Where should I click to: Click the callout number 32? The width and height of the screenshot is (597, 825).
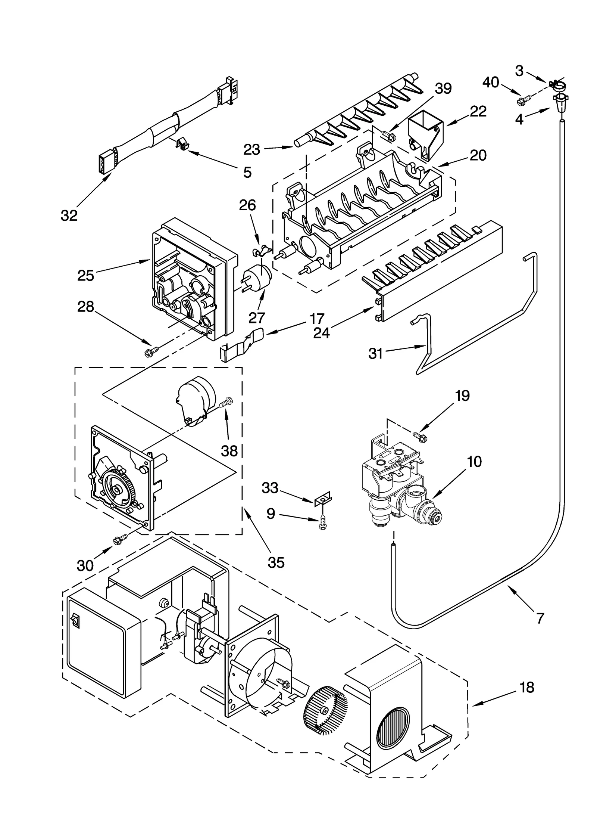pyautogui.click(x=69, y=215)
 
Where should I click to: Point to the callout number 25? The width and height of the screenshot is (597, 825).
pyautogui.click(x=85, y=276)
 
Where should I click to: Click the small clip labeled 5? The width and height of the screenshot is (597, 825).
pyautogui.click(x=181, y=143)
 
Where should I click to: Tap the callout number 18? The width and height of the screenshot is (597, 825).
pyautogui.click(x=526, y=687)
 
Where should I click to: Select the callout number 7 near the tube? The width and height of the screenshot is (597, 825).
pyautogui.click(x=540, y=618)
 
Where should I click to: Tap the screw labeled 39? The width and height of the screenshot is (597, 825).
pyautogui.click(x=388, y=132)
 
